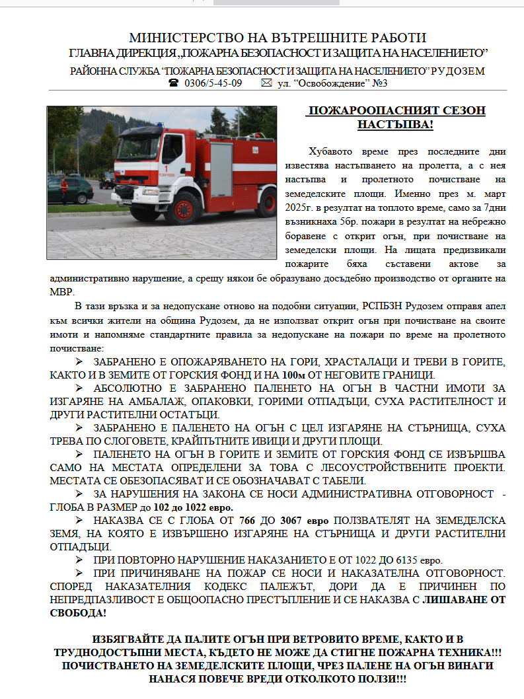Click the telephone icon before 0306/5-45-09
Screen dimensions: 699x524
point(174,83)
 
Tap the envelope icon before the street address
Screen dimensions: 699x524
point(266,83)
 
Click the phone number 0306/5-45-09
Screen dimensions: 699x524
point(213,83)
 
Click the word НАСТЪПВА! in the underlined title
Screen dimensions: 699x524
point(395,124)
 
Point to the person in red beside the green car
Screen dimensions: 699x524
point(63,188)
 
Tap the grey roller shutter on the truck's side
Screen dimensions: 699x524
point(221,168)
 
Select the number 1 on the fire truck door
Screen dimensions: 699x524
point(176,169)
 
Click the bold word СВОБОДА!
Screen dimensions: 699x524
point(77,613)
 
